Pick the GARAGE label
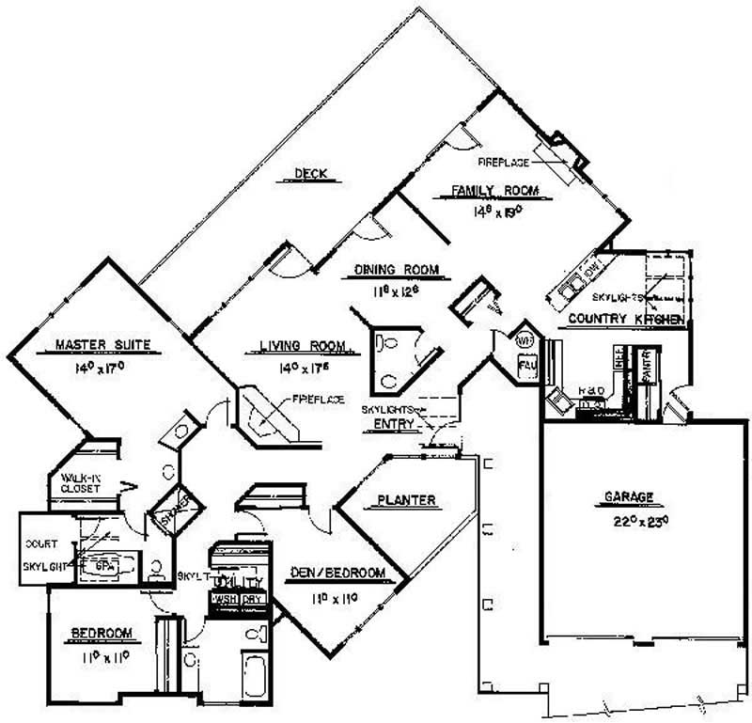pos(628,497)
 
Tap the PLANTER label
pos(406,500)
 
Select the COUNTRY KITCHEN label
pos(626,320)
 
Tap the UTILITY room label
pos(238,584)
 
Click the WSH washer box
pos(227,599)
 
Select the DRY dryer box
pos(252,599)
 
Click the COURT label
pos(41,544)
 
